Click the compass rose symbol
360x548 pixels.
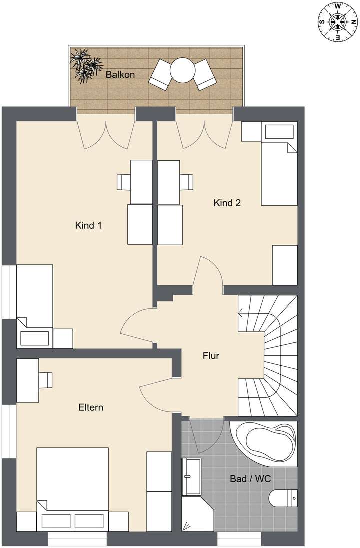click(338, 21)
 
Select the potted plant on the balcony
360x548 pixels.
click(85, 64)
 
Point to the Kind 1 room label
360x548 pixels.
click(88, 225)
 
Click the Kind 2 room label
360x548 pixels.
click(227, 203)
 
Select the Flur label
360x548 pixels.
click(211, 356)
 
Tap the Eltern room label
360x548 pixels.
click(90, 407)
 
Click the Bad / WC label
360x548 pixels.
click(250, 479)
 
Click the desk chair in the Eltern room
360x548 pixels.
click(46, 380)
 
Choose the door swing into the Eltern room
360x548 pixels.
click(159, 392)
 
